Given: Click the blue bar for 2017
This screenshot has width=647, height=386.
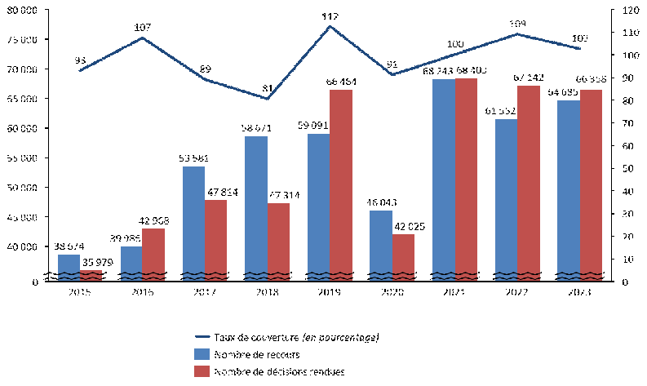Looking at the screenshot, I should tap(193, 220).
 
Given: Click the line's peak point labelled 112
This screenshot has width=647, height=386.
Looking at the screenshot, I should tap(330, 27).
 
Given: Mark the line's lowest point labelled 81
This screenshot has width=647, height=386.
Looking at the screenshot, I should tap(268, 99).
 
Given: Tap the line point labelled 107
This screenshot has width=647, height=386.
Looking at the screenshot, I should tap(143, 38).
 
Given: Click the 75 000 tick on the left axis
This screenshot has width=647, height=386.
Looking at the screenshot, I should tap(29, 40).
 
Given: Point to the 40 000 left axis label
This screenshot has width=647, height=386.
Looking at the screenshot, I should tap(29, 246).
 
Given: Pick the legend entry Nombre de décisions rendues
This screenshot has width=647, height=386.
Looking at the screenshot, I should tap(268, 371).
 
